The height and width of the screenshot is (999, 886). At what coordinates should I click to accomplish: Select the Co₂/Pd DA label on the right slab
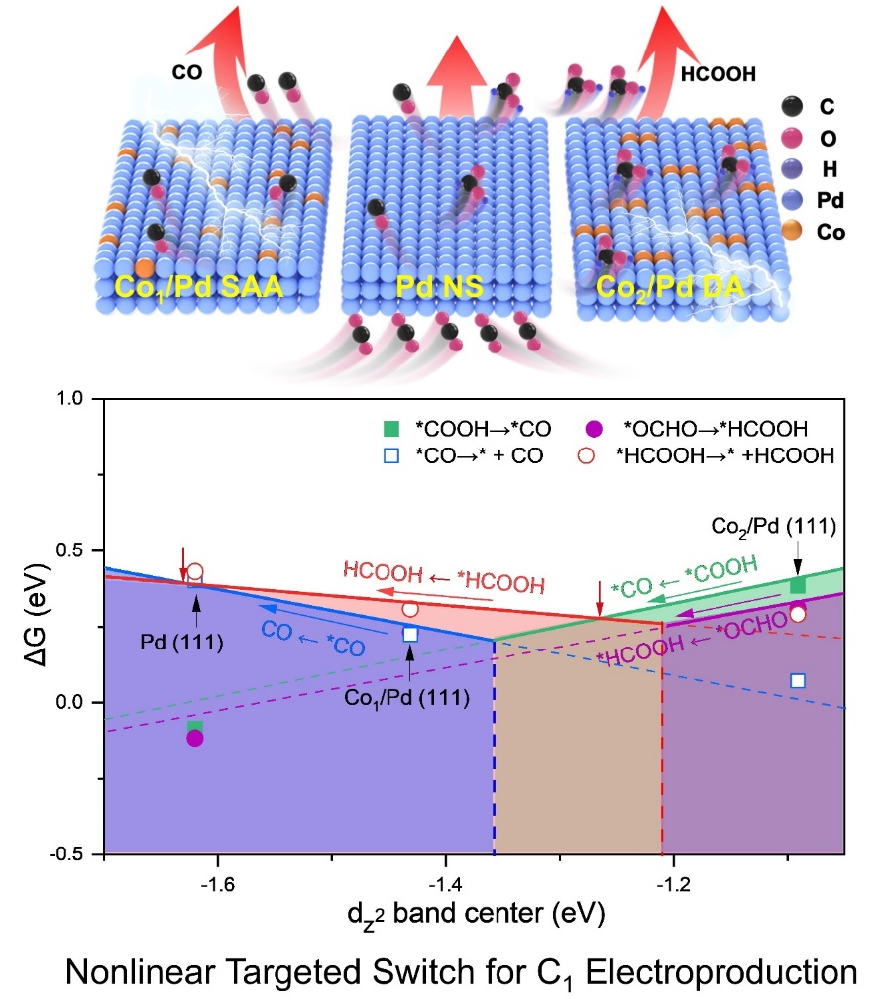click(673, 288)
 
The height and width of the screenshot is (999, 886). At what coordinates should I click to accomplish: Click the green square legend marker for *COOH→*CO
click(391, 429)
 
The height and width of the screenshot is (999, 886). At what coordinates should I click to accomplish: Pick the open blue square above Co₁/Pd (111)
click(410, 634)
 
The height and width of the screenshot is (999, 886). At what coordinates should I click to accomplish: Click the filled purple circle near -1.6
click(195, 738)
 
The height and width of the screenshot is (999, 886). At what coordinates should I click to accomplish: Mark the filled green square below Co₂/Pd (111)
click(798, 586)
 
